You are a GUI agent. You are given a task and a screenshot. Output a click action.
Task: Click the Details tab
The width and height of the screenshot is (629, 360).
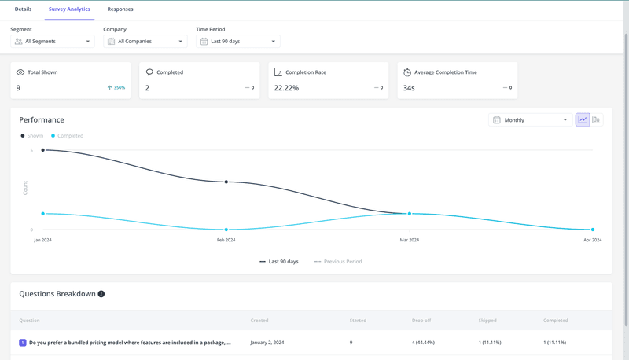click(x=23, y=9)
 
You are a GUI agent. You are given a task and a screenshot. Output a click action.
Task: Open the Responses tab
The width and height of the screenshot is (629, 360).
click(x=120, y=9)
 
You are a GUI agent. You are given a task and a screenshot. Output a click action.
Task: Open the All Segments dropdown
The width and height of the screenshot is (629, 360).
click(x=53, y=41)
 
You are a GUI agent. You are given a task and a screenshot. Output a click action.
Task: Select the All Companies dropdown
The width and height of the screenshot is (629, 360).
click(x=145, y=41)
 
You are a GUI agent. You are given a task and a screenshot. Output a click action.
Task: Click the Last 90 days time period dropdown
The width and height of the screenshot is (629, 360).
click(x=237, y=41)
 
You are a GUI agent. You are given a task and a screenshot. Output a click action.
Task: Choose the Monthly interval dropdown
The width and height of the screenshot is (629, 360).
click(x=530, y=120)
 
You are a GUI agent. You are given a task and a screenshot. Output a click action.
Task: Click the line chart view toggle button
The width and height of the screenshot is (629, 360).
click(x=583, y=120)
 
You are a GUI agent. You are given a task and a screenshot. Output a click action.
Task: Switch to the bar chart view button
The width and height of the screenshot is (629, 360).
click(x=596, y=120)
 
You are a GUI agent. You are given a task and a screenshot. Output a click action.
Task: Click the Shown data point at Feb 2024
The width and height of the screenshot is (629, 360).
click(x=226, y=182)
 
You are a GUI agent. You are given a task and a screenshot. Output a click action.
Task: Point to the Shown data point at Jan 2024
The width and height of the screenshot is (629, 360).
click(x=43, y=150)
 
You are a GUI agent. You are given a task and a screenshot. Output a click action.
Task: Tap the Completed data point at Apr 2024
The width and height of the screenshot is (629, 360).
click(x=593, y=230)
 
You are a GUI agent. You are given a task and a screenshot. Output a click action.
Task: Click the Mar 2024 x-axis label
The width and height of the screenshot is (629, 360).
click(x=410, y=240)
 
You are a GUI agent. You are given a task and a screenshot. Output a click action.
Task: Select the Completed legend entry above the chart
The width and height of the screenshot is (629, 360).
click(x=68, y=136)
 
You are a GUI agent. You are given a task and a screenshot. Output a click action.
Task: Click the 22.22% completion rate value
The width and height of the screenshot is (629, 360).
click(x=286, y=88)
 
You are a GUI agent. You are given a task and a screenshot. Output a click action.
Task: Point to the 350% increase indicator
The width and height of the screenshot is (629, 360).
click(x=116, y=88)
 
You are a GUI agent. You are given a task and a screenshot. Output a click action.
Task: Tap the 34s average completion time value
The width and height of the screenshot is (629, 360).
click(x=409, y=88)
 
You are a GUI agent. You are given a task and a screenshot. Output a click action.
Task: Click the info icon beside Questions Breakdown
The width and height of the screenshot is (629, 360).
click(x=101, y=294)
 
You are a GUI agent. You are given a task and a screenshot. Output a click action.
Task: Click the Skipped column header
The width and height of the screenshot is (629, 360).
click(x=487, y=321)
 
